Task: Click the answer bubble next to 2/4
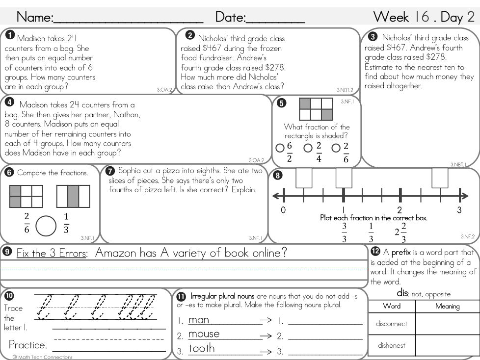(308, 148)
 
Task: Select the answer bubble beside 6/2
(280, 148)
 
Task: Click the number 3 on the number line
(459, 210)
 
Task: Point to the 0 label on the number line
(283, 210)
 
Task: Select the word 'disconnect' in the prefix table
(391, 324)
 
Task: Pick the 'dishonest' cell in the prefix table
(391, 345)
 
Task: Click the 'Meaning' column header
(447, 306)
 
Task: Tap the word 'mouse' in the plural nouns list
(204, 334)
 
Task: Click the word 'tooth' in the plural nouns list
(202, 348)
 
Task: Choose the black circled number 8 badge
(278, 175)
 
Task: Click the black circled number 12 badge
(375, 251)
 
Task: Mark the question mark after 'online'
(283, 253)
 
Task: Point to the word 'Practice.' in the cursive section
(28, 344)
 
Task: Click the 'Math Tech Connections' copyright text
(43, 357)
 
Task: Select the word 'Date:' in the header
(231, 17)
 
